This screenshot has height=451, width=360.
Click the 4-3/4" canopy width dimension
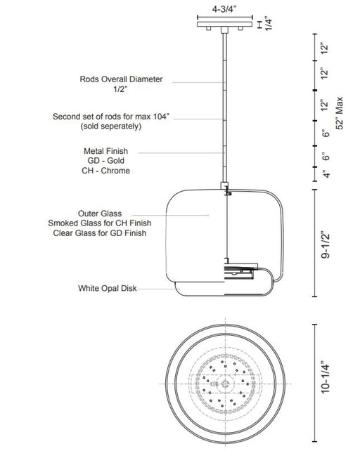click(x=224, y=9)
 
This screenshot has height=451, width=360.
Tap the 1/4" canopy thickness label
click(x=268, y=23)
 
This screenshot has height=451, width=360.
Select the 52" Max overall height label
click(x=340, y=113)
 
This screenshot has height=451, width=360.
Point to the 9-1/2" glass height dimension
click(x=326, y=244)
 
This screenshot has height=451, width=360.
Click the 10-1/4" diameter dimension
click(x=325, y=379)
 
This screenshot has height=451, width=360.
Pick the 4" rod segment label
click(x=326, y=174)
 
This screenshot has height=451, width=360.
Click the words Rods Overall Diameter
click(x=121, y=79)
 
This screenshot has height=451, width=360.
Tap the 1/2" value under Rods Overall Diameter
click(x=120, y=89)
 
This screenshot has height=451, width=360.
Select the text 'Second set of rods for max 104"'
click(x=111, y=117)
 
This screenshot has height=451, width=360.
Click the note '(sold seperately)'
click(x=111, y=126)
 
